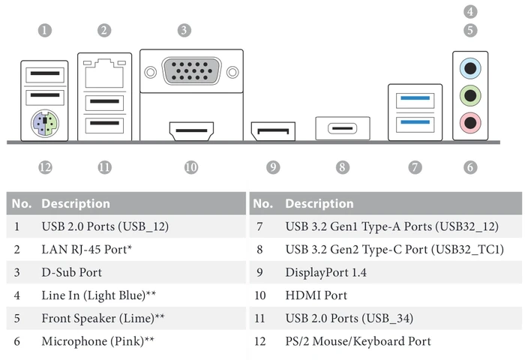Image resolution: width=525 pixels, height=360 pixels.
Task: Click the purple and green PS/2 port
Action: tap(45, 124)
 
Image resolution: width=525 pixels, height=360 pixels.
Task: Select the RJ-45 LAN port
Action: tap(104, 73)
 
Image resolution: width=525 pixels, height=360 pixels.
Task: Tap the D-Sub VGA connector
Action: tap(191, 71)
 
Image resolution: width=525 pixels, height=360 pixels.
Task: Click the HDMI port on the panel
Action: tap(191, 131)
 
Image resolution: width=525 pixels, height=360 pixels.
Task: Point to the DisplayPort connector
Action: tap(273, 131)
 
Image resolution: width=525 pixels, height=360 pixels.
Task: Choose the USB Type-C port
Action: tap(343, 128)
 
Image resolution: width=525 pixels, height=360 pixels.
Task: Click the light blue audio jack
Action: tap(470, 68)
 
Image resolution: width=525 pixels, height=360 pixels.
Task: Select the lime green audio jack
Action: tap(470, 96)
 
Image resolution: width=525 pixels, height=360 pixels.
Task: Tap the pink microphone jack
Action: tap(470, 123)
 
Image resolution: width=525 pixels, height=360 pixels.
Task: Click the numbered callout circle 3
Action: tap(184, 31)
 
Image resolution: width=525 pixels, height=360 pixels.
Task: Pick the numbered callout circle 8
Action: tap(343, 167)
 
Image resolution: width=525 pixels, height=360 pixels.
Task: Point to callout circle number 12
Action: tap(45, 167)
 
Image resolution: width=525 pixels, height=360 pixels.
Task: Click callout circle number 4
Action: tap(470, 12)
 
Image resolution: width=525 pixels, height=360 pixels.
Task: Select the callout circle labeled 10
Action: tap(191, 167)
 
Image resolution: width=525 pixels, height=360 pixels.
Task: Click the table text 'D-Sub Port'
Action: tap(72, 272)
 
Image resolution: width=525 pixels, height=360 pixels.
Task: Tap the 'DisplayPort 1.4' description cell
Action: tap(325, 272)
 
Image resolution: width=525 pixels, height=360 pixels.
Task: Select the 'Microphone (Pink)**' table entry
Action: tap(97, 341)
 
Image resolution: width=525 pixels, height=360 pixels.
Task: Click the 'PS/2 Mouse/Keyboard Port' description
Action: tap(358, 341)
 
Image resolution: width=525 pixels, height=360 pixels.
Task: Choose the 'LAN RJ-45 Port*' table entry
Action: tap(87, 250)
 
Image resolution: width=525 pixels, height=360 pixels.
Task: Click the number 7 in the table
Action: tap(259, 226)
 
